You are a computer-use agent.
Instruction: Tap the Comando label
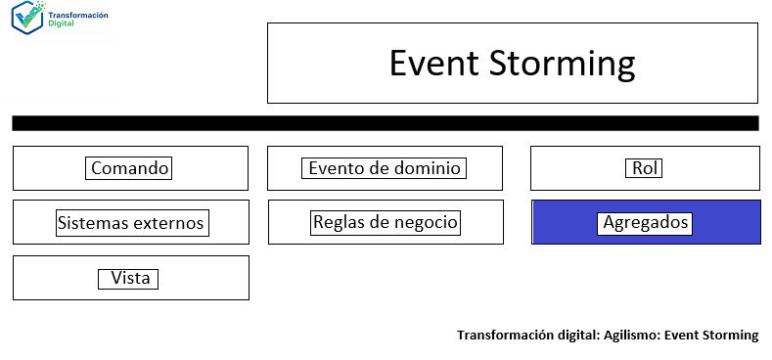click(x=130, y=168)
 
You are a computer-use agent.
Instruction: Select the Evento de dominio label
click(x=385, y=168)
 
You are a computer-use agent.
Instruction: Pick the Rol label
click(x=644, y=168)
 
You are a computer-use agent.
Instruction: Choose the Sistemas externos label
click(x=131, y=223)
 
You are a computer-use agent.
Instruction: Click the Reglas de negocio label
click(x=386, y=222)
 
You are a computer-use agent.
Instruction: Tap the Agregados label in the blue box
click(x=645, y=223)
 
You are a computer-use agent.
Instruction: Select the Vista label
click(x=130, y=279)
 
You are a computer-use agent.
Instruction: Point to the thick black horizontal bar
click(x=386, y=123)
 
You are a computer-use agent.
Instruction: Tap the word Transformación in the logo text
click(x=78, y=16)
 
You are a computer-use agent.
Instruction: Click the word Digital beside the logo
click(x=61, y=24)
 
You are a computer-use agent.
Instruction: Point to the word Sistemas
click(x=93, y=223)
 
